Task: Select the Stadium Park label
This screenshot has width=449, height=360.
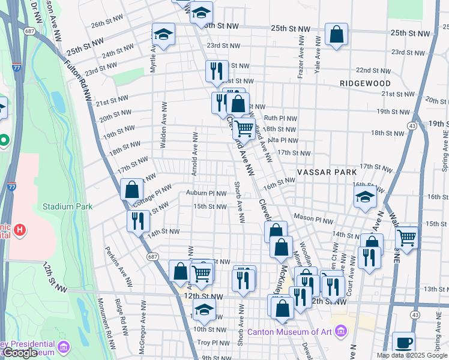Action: tap(67, 206)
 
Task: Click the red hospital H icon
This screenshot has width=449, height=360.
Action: tap(20, 229)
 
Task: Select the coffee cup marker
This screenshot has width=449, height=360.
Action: tap(403, 343)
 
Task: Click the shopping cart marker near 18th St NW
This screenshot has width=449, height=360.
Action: tap(243, 128)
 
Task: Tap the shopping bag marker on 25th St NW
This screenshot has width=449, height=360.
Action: tap(337, 34)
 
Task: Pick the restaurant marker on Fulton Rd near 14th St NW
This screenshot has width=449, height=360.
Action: tap(138, 220)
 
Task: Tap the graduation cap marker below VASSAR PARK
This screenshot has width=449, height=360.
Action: tap(364, 197)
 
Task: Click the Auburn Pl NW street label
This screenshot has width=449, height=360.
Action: tap(206, 193)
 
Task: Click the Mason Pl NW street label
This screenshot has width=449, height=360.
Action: tap(310, 217)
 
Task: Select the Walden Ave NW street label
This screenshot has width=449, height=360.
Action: tap(163, 124)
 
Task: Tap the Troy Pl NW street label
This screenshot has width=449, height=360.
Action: tap(214, 343)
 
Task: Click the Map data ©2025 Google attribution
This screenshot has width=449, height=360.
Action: tap(412, 355)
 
